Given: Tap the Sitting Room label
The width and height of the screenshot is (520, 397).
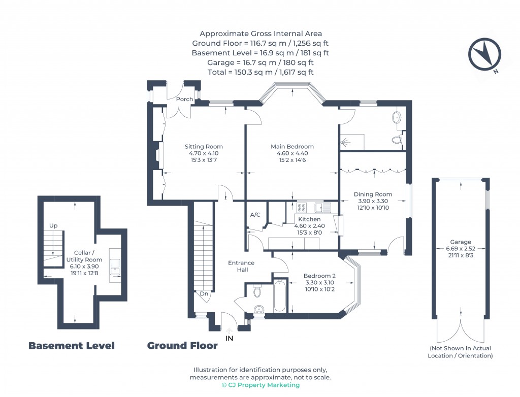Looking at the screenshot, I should coord(203,147).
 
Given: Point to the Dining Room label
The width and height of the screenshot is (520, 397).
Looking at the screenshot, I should coord(373,194).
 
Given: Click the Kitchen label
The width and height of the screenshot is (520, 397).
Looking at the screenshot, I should coord(309,219).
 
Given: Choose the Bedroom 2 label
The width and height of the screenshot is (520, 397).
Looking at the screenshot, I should coord(320,276).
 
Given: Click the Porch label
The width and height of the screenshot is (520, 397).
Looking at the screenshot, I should coord(184,99).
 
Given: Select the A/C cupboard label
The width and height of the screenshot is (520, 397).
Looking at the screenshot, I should coord(255,215).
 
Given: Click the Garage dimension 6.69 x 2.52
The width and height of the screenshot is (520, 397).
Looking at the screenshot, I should coord(461,249).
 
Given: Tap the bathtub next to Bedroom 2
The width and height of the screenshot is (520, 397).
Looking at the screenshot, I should coord(280,295).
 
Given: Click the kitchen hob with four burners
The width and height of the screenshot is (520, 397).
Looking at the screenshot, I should coord(301,207).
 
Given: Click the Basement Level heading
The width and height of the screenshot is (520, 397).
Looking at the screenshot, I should coord(71,346).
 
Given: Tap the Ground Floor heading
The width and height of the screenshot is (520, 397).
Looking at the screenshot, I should coord(182,346).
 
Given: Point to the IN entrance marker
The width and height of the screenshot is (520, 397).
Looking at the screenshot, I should coord(230,338).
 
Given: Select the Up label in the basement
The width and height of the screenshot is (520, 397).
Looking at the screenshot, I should coord(53,225).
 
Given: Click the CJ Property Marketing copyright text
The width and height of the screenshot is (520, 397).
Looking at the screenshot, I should coord(261,385).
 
